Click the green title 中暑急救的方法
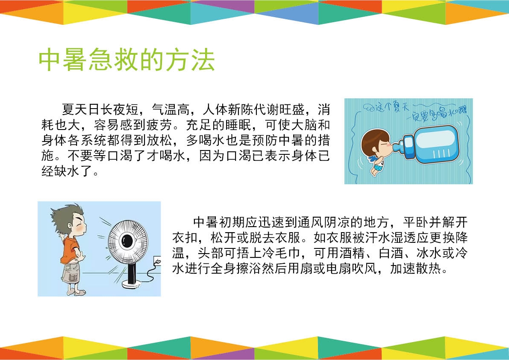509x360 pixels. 127,60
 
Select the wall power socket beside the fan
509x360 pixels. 157,261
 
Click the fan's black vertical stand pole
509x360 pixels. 132,271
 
